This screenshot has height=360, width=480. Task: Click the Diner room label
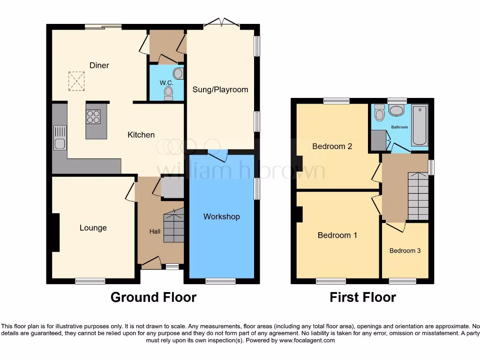99,65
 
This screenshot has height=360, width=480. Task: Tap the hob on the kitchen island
93,116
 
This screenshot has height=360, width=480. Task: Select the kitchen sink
60,138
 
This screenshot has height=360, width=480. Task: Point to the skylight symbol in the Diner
76,81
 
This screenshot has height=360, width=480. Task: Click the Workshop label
221,217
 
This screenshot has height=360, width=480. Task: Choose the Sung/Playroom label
220,90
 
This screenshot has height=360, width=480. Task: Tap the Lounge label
93,228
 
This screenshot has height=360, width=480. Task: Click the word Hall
155,232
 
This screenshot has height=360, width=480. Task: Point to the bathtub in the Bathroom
420,125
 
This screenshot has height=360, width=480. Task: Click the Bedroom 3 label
405,251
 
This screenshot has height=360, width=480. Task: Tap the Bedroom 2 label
332,146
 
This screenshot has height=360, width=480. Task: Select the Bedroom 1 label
337,235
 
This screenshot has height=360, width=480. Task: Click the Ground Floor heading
153,297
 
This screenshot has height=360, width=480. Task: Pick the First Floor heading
362,297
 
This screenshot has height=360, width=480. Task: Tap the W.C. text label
166,83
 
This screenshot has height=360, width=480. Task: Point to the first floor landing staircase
418,195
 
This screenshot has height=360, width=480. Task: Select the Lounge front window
90,281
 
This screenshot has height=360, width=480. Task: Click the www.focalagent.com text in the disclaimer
307,340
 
